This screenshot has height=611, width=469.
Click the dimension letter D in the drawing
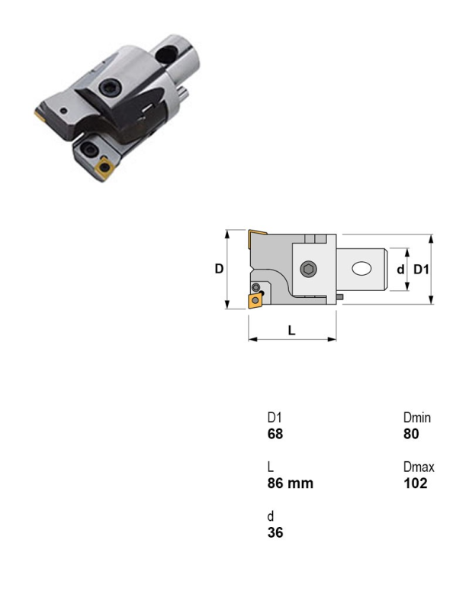click(x=219, y=269)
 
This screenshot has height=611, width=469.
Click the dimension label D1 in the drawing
click(x=421, y=270)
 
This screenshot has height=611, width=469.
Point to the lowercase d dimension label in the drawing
click(x=400, y=270)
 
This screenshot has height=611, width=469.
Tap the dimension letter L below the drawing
click(x=291, y=331)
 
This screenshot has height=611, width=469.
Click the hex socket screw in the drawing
click(x=309, y=269)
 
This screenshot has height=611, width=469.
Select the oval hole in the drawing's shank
click(x=361, y=269)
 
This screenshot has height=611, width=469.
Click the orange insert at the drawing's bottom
click(x=255, y=301)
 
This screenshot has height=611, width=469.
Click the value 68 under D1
click(x=275, y=434)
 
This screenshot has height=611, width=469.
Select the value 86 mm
click(x=291, y=483)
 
